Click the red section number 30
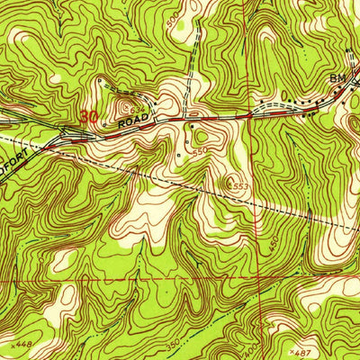click(88, 116)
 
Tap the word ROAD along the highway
click(132, 117)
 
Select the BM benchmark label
click(337, 79)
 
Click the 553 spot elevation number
click(238, 185)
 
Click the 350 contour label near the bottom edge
click(171, 345)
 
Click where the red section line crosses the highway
click(249, 115)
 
